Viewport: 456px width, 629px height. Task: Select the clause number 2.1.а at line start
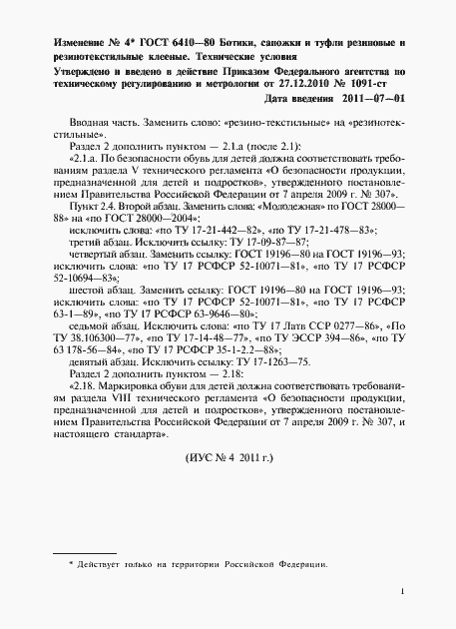pos(88,159)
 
